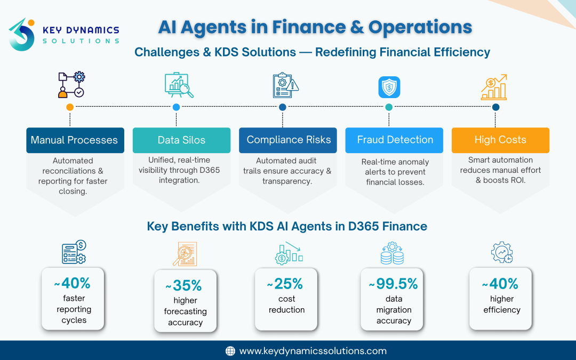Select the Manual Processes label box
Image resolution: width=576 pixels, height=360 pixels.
75,140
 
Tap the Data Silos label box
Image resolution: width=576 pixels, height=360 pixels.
181,140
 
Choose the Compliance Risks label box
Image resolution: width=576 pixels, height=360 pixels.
288,140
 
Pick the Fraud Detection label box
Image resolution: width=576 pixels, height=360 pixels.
394,140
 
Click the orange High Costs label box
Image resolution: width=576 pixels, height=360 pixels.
500,140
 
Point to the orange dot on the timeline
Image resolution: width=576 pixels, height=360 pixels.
70,107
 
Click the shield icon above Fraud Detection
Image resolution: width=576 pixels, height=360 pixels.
389,87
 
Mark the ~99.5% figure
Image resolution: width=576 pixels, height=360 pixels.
394,284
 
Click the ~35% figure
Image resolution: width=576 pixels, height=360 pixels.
185,286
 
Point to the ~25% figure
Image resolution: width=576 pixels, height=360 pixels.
286,284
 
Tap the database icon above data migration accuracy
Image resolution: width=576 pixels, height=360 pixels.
392,253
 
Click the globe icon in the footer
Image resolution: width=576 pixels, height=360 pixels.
230,351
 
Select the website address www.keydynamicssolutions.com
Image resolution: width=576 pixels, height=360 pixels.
313,351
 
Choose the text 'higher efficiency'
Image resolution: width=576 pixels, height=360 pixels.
501,305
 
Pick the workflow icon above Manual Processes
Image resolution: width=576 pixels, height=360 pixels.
71,85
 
